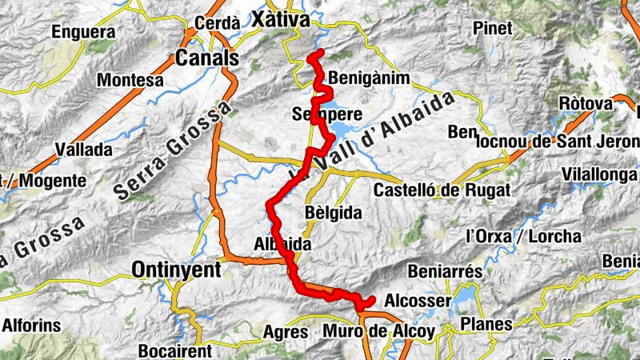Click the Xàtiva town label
[x=280, y=18]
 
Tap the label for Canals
[x=207, y=58]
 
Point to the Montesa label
[x=130, y=80]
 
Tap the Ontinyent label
[x=176, y=270]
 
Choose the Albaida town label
[x=282, y=244]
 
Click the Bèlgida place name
[x=334, y=213]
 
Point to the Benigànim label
[x=369, y=78]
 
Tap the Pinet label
[x=492, y=29]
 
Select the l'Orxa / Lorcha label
[x=523, y=236]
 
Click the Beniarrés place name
[x=445, y=272]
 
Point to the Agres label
[x=286, y=331]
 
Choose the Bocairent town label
[x=175, y=350]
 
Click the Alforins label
[x=32, y=326]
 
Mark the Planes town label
[x=486, y=324]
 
